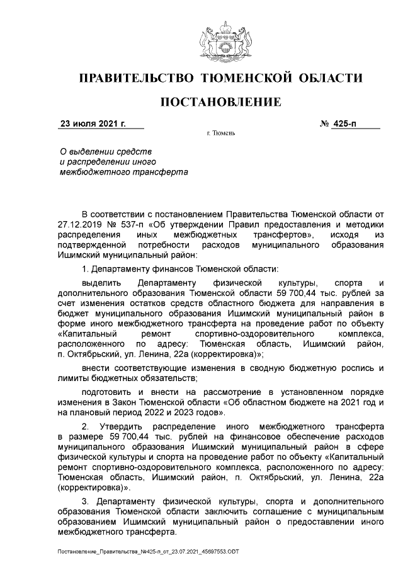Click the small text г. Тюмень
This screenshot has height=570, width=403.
click(220, 134)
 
